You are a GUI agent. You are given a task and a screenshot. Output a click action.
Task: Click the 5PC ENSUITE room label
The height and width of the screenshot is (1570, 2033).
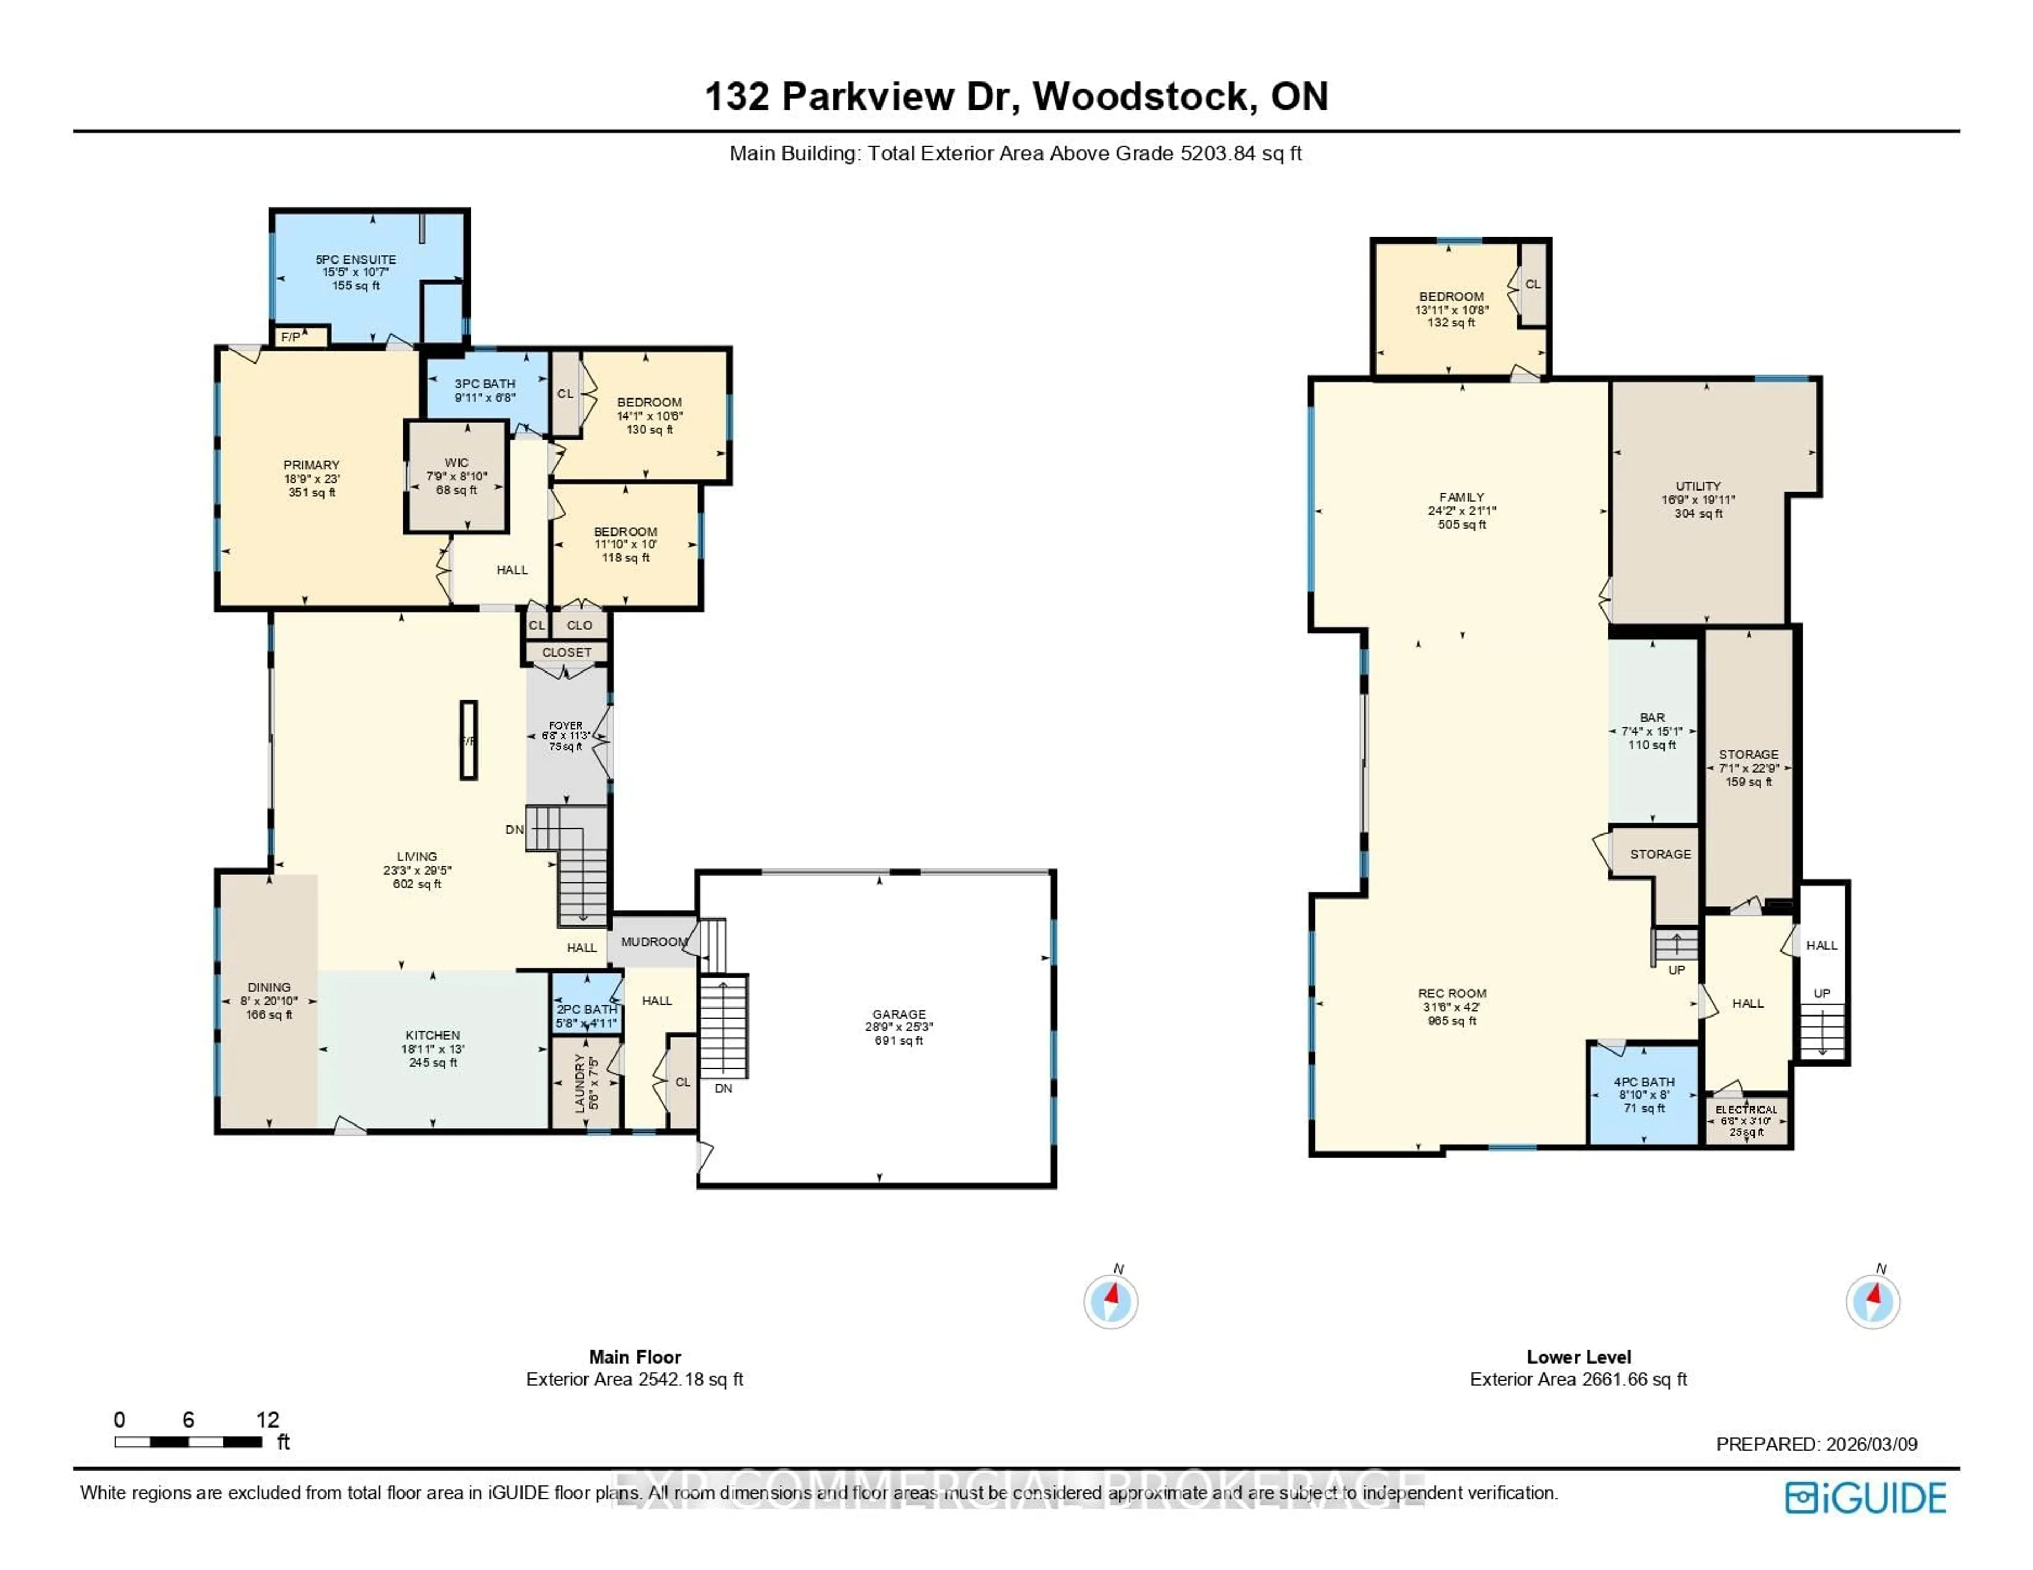pos(356,260)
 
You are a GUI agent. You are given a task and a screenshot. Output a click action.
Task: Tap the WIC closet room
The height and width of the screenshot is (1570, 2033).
pos(456,476)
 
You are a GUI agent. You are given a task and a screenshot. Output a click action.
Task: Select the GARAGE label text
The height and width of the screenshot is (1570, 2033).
pos(898,1014)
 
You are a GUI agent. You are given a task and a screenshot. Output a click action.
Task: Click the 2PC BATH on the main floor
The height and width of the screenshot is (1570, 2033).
pos(587,1010)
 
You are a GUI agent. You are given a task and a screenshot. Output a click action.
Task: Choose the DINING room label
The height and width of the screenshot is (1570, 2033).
pos(269,987)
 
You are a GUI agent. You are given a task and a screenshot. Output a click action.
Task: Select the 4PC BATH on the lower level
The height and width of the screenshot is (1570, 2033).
pos(1644,1082)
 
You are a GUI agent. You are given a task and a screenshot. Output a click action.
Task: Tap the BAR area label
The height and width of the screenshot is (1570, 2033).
pos(1652,718)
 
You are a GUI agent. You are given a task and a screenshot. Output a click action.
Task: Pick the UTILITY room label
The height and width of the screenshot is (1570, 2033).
pos(1698,486)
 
